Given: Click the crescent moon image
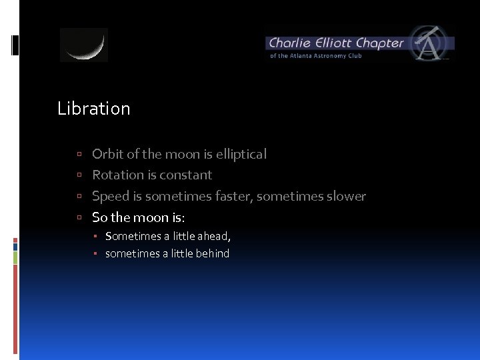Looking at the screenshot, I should [84, 45].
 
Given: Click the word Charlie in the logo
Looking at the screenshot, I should [289, 43].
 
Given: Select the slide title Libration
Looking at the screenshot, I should [94, 109].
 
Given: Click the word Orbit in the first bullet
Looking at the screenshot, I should [107, 154].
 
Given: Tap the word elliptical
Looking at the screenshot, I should [238, 154].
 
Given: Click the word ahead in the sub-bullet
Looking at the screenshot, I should [213, 236].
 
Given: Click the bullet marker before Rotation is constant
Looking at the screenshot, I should [79, 175].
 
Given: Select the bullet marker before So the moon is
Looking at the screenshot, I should [79, 218].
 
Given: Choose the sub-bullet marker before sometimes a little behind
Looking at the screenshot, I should [96, 254].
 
